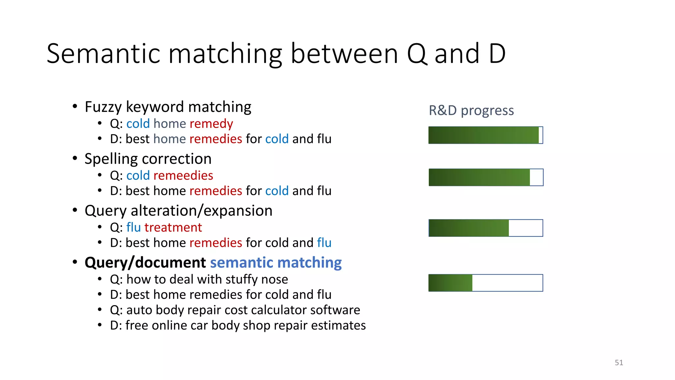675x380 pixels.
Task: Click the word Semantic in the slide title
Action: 103,54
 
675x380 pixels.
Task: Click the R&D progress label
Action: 471,111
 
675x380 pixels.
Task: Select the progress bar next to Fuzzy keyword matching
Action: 485,135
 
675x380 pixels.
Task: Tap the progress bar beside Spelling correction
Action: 485,177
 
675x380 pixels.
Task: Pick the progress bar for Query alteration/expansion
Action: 485,228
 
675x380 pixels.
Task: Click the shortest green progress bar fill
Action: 451,283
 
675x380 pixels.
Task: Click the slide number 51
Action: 619,363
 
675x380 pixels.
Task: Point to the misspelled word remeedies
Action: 183,175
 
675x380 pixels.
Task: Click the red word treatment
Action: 173,227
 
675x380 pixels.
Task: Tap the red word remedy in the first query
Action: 211,124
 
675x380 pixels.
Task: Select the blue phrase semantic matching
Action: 276,263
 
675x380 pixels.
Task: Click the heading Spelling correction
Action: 148,159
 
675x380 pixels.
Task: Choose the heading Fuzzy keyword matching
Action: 168,107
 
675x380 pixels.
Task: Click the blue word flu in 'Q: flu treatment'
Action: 133,227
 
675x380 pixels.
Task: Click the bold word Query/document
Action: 145,263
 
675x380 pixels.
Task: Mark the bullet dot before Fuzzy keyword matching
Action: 75,107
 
